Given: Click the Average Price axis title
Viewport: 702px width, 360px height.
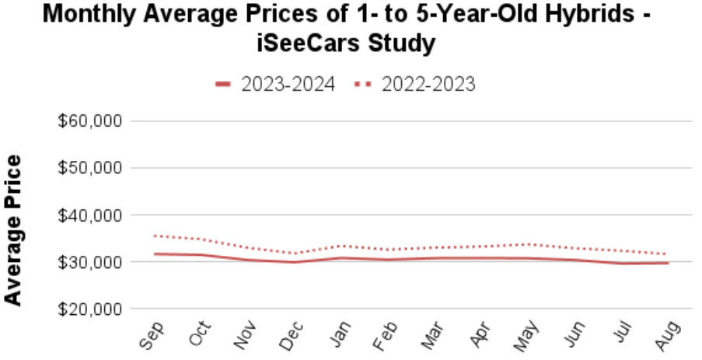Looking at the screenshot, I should (x=13, y=229).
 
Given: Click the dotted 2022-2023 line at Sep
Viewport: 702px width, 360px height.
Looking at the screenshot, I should (x=155, y=236).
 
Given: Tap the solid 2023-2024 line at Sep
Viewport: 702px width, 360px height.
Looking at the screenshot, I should (x=155, y=253).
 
